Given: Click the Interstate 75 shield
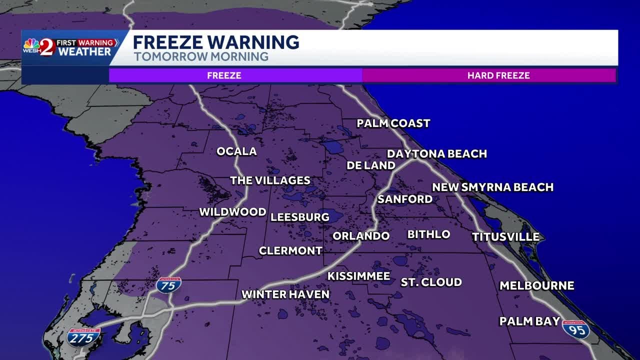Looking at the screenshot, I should point(168,285).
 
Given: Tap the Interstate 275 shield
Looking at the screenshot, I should point(83,337).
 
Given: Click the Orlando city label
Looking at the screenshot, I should point(361,236).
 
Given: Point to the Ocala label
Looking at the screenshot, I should point(236,151).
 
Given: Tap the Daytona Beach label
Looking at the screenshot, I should point(436,153).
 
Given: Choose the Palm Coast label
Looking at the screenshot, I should point(393,123).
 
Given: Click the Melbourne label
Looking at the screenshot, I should point(536,285).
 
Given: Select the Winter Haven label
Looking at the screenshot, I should point(285,294).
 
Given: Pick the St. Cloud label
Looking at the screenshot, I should point(431,282).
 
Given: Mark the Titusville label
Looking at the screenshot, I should point(505,237).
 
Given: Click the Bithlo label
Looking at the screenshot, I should point(428,234).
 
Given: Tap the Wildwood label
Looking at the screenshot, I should point(232,212).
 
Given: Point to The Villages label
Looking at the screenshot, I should point(270,180).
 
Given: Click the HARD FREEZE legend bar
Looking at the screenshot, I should point(498,75).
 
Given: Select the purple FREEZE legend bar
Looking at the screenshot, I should point(224,75).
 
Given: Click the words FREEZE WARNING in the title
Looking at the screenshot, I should point(216,42).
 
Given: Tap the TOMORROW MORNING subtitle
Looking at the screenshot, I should point(201,56).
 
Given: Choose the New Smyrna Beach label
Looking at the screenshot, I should point(492,187).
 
